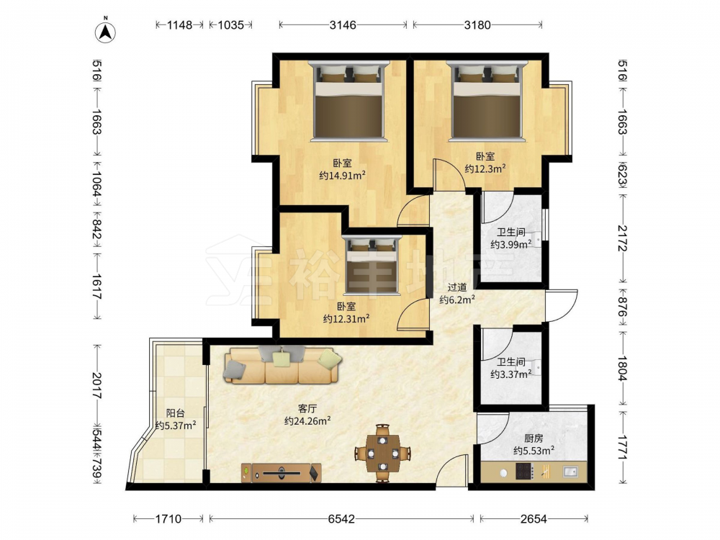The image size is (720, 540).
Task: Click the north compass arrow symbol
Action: coord(105,32)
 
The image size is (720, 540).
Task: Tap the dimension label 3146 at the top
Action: coord(343,24)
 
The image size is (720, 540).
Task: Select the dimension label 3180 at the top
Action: coord(477,24)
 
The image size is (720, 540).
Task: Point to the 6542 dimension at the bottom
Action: coord(341,519)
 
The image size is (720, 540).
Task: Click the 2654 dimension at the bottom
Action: coord(534,519)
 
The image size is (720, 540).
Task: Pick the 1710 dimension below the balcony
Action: coord(168,519)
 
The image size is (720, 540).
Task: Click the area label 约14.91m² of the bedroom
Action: coord(342,175)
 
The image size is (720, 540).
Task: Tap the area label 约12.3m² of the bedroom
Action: coord(485,168)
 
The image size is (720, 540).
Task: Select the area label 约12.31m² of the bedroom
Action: coord(346,319)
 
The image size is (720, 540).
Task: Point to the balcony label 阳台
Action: coord(176,413)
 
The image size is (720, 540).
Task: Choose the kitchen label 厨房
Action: coord(534,438)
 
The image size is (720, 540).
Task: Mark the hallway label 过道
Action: coord(457,287)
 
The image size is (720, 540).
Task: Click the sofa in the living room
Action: coord(283,365)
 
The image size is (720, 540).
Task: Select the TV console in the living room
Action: coord(281,472)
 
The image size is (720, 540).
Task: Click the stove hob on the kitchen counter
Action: coord(524,471)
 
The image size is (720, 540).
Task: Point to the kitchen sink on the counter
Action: coord(570,471)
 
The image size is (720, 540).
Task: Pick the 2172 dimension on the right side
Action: coord(622,238)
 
